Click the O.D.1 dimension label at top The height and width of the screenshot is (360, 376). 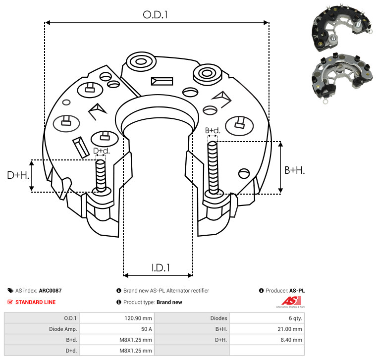[x=155, y=15]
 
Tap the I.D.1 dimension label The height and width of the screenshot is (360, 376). [x=161, y=268]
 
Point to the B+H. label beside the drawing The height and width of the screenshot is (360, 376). [x=294, y=170]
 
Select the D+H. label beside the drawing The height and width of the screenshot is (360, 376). [x=18, y=175]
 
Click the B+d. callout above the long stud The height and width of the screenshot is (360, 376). [x=213, y=131]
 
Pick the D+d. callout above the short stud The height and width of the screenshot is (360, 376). [x=102, y=151]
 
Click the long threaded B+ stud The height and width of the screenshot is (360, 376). [x=213, y=167]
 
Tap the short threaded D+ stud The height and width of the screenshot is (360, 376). [x=101, y=176]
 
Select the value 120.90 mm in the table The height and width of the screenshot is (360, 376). [x=138, y=318]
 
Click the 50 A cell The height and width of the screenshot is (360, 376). [x=147, y=329]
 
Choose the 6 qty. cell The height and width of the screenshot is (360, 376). [x=295, y=318]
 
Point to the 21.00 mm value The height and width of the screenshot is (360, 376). [x=290, y=329]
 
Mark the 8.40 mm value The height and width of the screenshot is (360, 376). [x=291, y=340]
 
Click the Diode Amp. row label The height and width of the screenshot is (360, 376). [x=63, y=329]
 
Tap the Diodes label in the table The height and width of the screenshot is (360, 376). [x=218, y=318]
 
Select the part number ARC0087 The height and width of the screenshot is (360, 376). [x=50, y=291]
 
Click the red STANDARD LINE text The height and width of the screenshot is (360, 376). [x=36, y=302]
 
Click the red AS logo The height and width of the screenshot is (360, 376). [x=291, y=301]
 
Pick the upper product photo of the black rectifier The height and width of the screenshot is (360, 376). [x=342, y=29]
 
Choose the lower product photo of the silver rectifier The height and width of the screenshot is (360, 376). [x=342, y=77]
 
